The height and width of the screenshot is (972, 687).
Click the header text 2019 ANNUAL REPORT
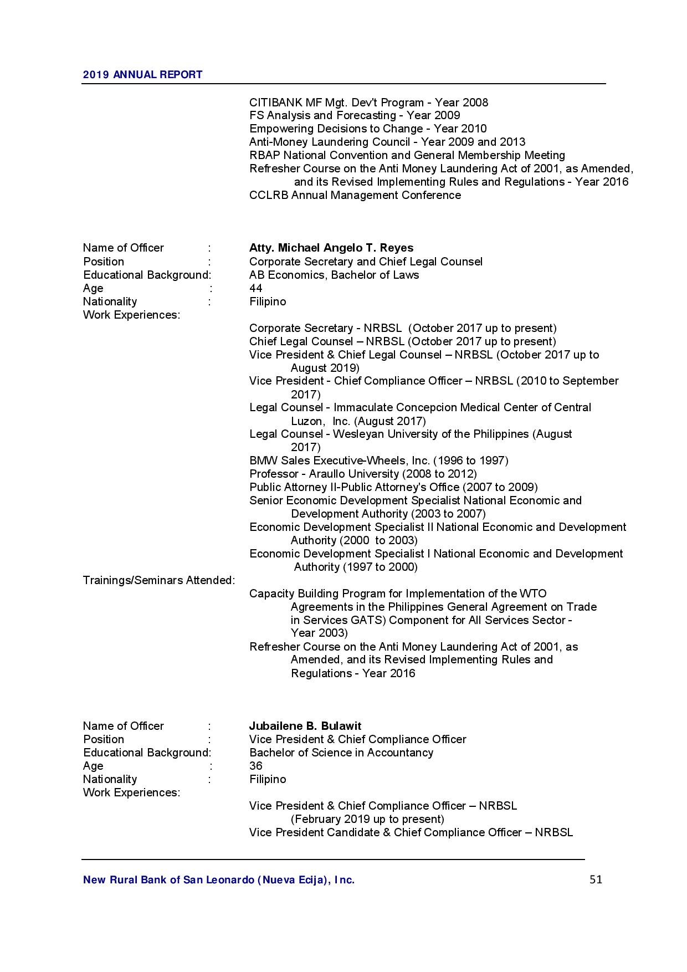pos(142,75)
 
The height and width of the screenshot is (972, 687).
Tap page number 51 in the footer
pos(596,879)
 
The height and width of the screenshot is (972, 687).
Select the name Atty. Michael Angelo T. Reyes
pos(331,248)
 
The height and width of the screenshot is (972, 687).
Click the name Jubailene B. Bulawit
pos(305,726)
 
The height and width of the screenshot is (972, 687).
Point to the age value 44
pos(255,288)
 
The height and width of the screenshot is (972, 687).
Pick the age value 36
pos(255,766)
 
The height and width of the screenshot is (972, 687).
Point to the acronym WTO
pos(533,594)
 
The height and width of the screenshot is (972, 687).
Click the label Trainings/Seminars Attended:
pos(159,580)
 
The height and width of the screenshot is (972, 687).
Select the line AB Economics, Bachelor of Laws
pos(334,275)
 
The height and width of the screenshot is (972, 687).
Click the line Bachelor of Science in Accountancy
pos(341,753)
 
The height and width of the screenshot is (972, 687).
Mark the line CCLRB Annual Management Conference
pos(355,195)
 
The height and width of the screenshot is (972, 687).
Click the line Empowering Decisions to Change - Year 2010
pos(368,129)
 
